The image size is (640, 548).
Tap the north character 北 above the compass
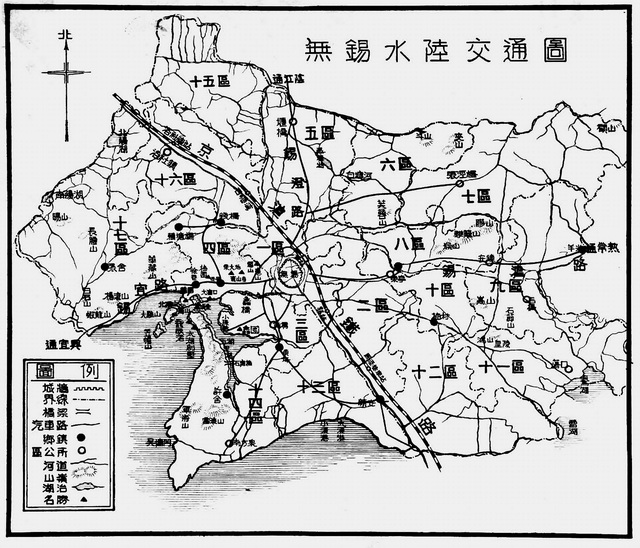[67, 36]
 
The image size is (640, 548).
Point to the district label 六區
[397, 163]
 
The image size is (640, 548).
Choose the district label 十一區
[501, 367]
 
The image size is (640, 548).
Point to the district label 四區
[218, 246]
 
